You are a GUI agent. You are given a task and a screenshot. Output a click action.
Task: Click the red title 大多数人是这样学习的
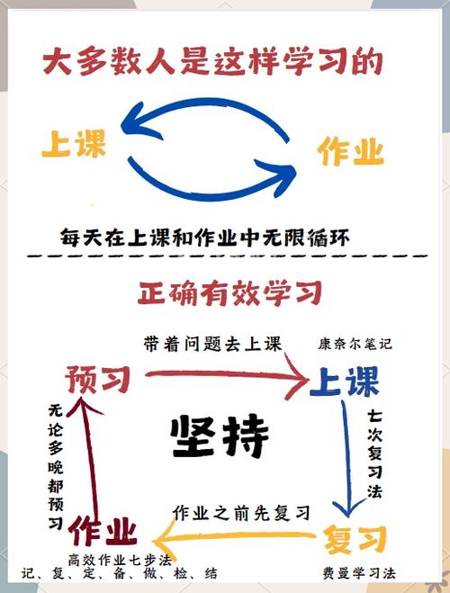pos(213,62)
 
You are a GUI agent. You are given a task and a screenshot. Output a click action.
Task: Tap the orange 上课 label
pos(74,143)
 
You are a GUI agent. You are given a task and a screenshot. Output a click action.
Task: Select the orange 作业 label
pos(351,151)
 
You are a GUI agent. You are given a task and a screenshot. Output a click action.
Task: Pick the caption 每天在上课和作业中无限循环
pos(204,238)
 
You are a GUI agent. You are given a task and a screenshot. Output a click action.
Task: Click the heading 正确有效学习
pos(229,293)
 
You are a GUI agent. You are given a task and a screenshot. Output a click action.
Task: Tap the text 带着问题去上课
pos(213,344)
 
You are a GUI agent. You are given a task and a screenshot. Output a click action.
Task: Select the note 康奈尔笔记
pos(355,344)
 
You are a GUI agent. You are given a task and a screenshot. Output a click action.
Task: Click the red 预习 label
pos(98,379)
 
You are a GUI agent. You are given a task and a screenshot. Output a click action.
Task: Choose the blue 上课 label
pos(345,382)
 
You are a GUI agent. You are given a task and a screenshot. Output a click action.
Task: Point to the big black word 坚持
pos(220,436)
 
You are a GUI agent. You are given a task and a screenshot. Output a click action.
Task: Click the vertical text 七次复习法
pos(374,454)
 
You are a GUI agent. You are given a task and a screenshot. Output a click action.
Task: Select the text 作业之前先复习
pos(241,513)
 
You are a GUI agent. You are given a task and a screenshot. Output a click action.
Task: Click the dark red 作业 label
pos(103,531)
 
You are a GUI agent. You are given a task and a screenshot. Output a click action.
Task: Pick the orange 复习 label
pos(355,539)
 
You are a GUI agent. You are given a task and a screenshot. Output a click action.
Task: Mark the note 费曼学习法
pos(359,573)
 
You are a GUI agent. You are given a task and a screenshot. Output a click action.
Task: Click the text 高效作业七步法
pos(120,560)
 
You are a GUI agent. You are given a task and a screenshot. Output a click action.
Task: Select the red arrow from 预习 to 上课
pos(227,374)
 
